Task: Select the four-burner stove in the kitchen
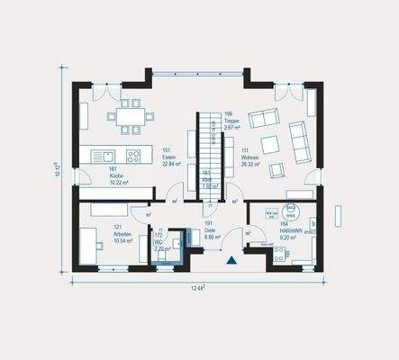point(133,155)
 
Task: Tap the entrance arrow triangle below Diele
point(231,259)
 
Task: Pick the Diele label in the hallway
point(209,229)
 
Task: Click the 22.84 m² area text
point(171,164)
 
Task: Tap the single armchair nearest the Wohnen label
point(277,167)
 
